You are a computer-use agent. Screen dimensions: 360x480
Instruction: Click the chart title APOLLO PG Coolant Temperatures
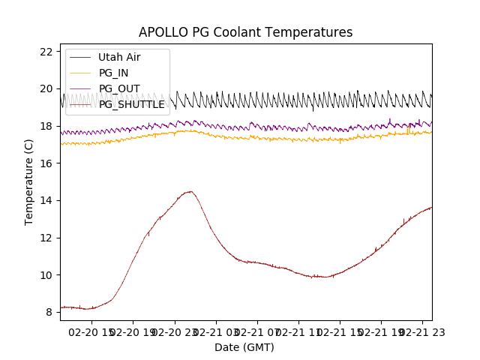tap(245, 32)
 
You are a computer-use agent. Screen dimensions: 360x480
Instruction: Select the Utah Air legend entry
tap(119, 57)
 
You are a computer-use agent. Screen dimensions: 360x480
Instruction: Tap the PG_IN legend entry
tap(113, 73)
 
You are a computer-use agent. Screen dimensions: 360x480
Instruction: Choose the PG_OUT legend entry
tap(119, 88)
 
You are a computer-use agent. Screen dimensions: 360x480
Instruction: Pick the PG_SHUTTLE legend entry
tap(131, 104)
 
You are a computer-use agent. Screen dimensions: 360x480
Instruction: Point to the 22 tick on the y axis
tap(46, 52)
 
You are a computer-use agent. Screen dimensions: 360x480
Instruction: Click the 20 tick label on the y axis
tap(46, 88)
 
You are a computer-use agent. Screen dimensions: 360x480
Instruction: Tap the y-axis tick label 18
tap(46, 126)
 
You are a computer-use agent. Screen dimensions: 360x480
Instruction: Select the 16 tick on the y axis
tap(46, 163)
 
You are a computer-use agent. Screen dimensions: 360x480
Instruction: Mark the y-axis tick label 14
tap(46, 200)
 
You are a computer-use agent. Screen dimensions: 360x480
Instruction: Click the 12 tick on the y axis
tap(46, 238)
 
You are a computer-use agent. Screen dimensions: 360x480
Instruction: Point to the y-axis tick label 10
tap(46, 274)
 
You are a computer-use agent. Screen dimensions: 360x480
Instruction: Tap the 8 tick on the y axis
tap(49, 312)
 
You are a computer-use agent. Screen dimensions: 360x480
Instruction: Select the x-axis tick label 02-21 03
tap(217, 331)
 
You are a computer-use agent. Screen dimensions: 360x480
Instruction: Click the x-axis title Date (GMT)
tap(244, 347)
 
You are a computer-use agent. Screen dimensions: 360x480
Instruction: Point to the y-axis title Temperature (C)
tap(29, 181)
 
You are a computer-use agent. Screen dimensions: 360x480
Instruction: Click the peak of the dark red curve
tap(190, 191)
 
